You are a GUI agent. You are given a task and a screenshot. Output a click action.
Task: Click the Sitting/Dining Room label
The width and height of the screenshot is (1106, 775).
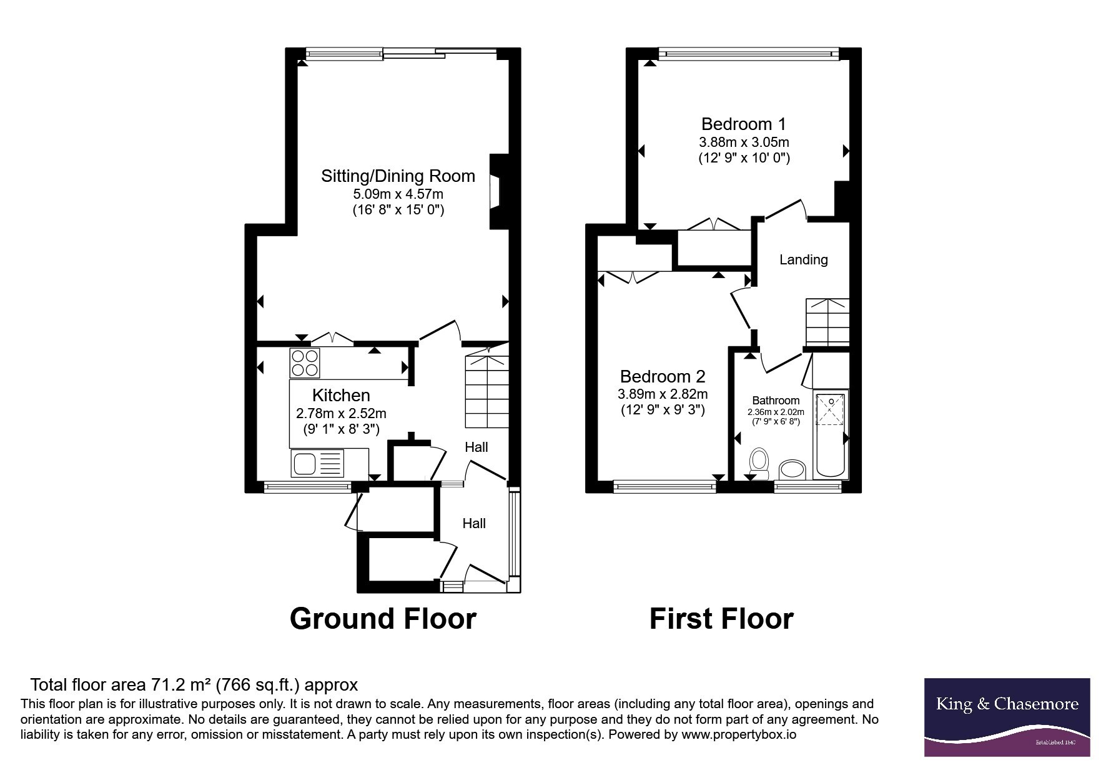[x=398, y=176]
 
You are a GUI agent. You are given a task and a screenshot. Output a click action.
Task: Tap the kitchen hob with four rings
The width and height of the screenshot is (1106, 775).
[x=305, y=363]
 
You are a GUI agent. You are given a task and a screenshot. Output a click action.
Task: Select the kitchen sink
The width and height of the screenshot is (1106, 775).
[x=317, y=463]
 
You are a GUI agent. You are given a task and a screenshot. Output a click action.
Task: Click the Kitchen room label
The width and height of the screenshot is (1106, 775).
[x=341, y=395]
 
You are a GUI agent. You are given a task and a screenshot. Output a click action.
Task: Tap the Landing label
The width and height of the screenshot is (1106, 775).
[x=804, y=259]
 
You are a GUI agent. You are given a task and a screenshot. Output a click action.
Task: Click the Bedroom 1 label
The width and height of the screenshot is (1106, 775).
[x=744, y=124]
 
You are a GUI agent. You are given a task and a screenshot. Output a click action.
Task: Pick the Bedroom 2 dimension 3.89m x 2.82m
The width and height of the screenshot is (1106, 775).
[x=663, y=394]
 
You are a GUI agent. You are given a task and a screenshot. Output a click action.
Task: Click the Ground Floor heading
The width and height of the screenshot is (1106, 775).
[x=383, y=619]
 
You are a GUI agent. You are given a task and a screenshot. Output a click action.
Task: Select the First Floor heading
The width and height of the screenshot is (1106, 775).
[x=721, y=619]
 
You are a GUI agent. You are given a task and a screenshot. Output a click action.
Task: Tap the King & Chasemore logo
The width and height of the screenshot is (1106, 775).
[x=1007, y=717]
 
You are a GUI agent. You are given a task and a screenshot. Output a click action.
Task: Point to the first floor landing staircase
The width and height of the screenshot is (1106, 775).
[x=827, y=322]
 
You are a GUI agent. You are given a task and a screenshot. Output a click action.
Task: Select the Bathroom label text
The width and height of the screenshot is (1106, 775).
[x=776, y=401]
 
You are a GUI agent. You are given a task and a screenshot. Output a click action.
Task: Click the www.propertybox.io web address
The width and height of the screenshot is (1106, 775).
[x=739, y=735]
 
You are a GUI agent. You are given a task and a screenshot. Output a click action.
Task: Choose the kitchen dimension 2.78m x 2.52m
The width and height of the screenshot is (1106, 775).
[x=341, y=413]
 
